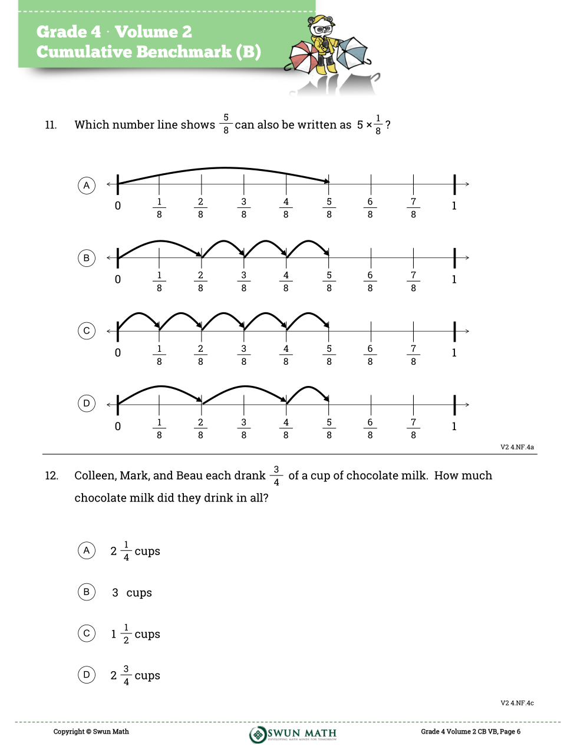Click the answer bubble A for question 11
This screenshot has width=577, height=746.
coord(87,185)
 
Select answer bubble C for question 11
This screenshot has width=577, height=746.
coord(87,331)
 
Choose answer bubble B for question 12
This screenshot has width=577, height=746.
coord(87,592)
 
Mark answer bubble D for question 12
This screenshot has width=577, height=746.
coord(87,675)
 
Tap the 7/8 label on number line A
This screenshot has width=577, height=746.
coord(413,208)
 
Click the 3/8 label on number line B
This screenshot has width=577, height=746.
coord(243,282)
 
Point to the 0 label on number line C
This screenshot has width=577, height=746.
coord(118,353)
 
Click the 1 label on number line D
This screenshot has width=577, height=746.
coord(454,426)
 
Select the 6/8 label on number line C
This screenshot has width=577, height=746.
coord(370,355)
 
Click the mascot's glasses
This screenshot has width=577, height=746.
coord(322,29)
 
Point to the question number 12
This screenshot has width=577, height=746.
coord(51,476)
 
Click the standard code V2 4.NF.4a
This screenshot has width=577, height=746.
coord(517,447)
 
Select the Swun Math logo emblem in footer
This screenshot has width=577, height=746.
coord(258,734)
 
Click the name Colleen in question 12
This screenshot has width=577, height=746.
coord(94,476)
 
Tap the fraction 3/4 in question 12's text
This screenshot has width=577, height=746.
coord(276,476)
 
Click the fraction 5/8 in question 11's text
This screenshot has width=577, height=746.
coord(226,124)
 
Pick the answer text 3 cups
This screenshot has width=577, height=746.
coord(132,593)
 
